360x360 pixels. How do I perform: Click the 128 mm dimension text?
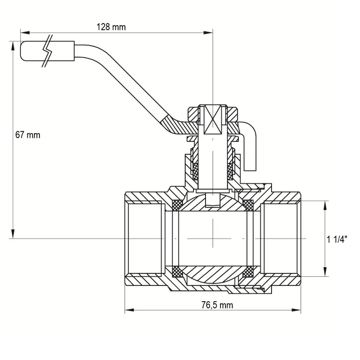click(x=111, y=27)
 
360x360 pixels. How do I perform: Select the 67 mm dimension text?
click(x=28, y=135)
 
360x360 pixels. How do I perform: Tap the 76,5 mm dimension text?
click(x=217, y=306)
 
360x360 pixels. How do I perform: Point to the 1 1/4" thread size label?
click(x=337, y=240)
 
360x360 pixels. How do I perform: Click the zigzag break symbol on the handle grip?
click(x=48, y=51)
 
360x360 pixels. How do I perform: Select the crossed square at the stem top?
click(x=213, y=120)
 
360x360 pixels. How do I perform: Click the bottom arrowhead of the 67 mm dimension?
click(x=13, y=234)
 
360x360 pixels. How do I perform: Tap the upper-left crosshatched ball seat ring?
click(x=176, y=204)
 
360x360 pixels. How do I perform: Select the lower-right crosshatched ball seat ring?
click(x=249, y=272)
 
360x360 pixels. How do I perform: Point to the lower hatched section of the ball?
click(x=212, y=274)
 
